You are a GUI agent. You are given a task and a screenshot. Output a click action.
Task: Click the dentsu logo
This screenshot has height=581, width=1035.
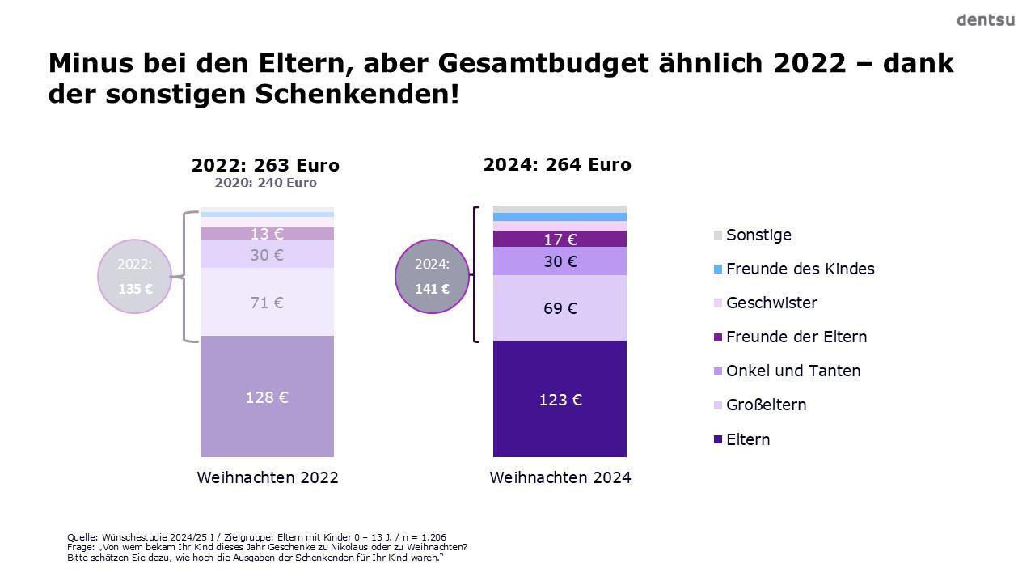point(985,20)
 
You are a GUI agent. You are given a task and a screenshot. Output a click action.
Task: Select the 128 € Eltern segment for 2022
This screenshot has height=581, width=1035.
point(267,397)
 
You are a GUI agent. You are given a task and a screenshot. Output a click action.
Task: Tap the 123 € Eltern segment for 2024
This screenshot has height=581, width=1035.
point(560,399)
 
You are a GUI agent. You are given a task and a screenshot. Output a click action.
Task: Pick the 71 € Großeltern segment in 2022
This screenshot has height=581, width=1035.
point(267,302)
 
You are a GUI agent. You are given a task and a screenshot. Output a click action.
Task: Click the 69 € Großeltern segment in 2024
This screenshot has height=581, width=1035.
point(560,307)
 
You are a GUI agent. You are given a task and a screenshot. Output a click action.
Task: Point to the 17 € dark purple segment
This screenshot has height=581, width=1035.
point(560,239)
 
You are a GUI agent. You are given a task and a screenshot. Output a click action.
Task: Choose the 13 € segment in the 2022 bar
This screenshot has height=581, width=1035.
point(267,233)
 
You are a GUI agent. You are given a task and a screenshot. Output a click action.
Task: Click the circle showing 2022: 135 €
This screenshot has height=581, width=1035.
point(135,276)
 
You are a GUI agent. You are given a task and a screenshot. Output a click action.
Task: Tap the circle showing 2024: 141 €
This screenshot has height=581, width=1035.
point(432,276)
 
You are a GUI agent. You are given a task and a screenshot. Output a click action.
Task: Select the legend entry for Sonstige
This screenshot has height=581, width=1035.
point(758,235)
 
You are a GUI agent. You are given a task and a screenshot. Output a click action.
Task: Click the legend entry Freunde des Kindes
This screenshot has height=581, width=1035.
point(800,269)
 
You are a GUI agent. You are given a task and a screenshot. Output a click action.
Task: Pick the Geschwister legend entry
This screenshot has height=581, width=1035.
point(771,303)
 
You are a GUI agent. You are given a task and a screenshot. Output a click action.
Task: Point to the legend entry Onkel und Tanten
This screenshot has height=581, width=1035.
point(792,371)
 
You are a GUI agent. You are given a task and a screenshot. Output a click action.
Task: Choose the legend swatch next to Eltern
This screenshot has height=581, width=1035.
point(718,439)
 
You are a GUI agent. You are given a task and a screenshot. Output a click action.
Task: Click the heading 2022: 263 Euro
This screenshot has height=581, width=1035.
point(265,165)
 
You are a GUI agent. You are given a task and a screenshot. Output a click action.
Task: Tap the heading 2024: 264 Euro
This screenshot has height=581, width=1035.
point(557,164)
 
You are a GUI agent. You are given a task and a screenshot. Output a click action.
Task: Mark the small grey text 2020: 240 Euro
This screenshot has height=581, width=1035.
point(265,183)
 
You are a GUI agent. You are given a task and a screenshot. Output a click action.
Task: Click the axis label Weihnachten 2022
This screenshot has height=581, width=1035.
point(268,477)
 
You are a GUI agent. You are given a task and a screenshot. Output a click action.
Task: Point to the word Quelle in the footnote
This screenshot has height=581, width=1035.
point(82,537)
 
